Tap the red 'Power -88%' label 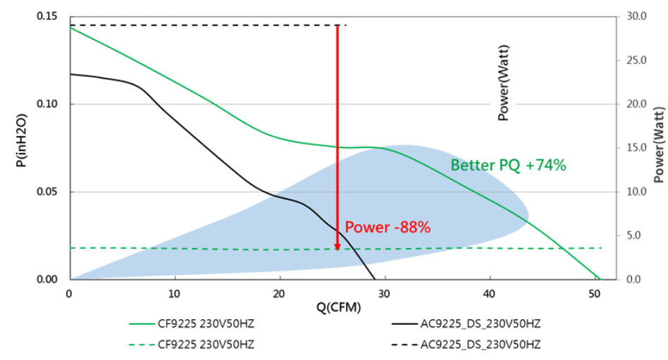point(387,227)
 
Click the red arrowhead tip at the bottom point(338,249)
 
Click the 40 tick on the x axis point(488,293)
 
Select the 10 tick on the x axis point(174,293)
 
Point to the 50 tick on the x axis point(593,293)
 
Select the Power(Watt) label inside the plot point(503,83)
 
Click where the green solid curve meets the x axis point(600,280)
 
